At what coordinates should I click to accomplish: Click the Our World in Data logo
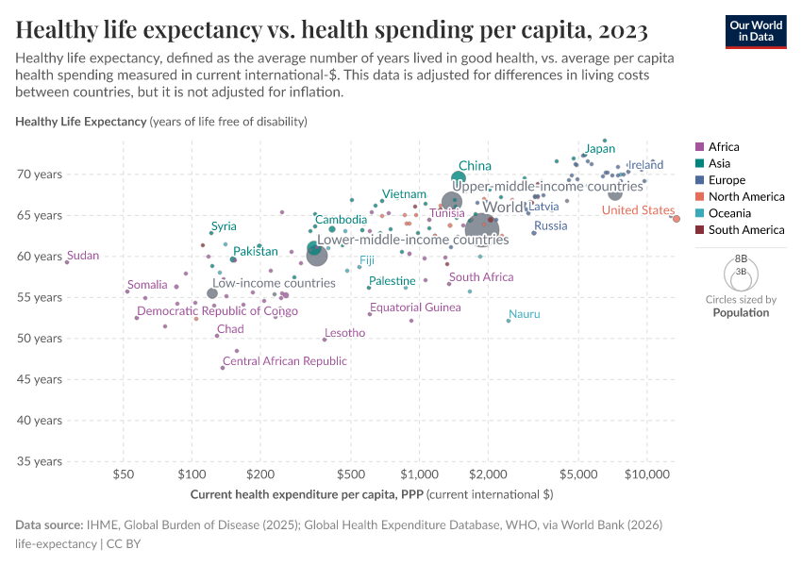click(756, 31)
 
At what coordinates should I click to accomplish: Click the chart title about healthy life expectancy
click(331, 30)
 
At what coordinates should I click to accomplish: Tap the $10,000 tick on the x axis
click(646, 474)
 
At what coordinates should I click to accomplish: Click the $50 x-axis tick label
click(122, 474)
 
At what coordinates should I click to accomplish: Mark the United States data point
click(676, 219)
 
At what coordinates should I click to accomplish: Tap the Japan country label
click(599, 149)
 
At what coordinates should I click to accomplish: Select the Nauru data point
click(508, 321)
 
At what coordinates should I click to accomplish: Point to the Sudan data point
click(67, 262)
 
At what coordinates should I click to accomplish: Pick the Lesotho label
click(344, 333)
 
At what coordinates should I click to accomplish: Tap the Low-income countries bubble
click(212, 293)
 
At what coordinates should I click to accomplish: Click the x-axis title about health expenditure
click(371, 494)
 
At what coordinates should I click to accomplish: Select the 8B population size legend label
click(741, 258)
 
